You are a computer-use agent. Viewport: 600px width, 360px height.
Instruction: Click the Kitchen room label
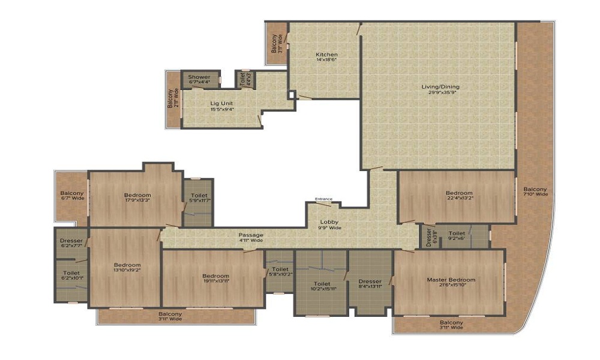click(x=327, y=55)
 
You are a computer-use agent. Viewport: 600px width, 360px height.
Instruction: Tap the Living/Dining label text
click(x=440, y=87)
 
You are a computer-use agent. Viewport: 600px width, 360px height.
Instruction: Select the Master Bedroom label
click(x=451, y=280)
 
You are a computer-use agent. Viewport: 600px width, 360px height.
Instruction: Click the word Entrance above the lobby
click(x=323, y=199)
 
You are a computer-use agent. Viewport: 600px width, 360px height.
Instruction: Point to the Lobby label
click(x=331, y=221)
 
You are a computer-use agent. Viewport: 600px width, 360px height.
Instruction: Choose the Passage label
click(x=251, y=235)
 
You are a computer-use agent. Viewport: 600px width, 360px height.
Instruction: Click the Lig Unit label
click(x=213, y=103)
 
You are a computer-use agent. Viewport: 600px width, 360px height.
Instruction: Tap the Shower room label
click(x=199, y=77)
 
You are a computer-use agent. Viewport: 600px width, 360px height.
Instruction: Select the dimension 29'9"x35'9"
click(x=440, y=93)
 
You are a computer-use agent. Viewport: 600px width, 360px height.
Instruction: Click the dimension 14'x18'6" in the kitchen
click(x=327, y=61)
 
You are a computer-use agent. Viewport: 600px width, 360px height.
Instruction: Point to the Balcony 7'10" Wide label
click(x=535, y=191)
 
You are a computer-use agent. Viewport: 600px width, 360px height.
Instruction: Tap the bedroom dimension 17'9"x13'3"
click(x=137, y=201)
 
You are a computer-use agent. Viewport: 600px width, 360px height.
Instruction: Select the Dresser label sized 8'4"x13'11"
click(x=370, y=281)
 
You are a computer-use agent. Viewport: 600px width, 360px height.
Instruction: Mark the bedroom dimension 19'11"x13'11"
click(x=215, y=280)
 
